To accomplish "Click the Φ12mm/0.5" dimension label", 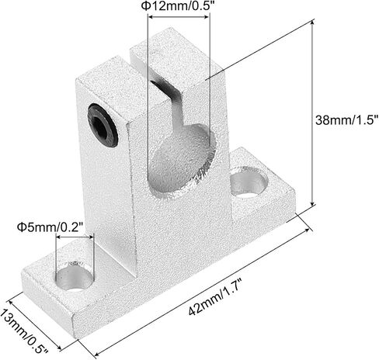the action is [179, 5].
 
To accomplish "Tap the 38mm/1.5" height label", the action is [345, 120].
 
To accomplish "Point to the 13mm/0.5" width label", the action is [23, 331].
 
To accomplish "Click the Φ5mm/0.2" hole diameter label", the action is [50, 227].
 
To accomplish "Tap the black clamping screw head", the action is [103, 125].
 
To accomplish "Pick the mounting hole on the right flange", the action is [249, 182].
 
